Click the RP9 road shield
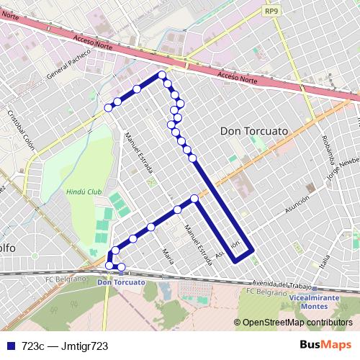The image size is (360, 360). (x=271, y=11)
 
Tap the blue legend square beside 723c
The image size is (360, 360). (x=10, y=346)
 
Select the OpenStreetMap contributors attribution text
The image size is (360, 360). (x=297, y=323)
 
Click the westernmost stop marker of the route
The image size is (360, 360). (x=109, y=107)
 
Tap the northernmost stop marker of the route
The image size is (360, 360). (x=162, y=75)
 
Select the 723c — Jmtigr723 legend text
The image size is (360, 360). (x=65, y=346)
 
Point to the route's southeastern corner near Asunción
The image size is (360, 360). (x=251, y=250)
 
